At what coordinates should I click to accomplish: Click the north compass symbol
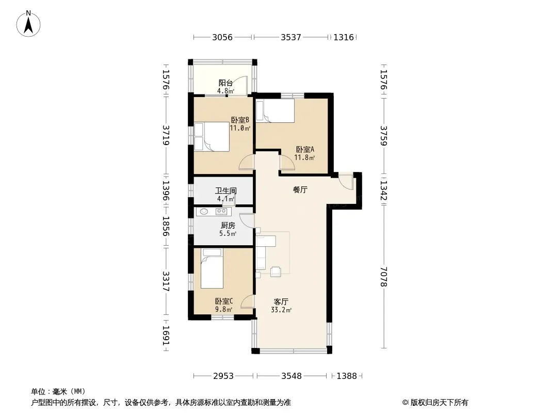click(28, 24)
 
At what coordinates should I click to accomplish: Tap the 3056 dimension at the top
click(222, 37)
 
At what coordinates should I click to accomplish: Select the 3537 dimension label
click(291, 37)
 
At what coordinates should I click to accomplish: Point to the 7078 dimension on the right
click(384, 277)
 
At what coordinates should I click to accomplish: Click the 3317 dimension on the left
click(166, 281)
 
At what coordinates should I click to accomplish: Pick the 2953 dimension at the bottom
click(223, 376)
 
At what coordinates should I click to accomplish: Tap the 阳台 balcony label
click(225, 83)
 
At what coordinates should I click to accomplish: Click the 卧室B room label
click(240, 120)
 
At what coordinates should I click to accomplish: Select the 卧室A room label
click(305, 150)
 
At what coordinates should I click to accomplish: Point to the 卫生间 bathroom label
click(226, 191)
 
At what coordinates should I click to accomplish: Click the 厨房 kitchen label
click(228, 225)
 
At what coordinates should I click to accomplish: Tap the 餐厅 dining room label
click(300, 190)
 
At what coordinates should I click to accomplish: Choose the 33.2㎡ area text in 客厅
click(281, 310)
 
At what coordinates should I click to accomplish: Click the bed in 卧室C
click(212, 268)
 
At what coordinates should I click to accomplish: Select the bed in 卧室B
click(212, 136)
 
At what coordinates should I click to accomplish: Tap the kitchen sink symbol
click(204, 211)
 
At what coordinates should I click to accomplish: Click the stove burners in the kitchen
click(221, 211)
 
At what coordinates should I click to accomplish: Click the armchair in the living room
click(276, 272)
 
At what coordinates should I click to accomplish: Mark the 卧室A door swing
click(287, 162)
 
